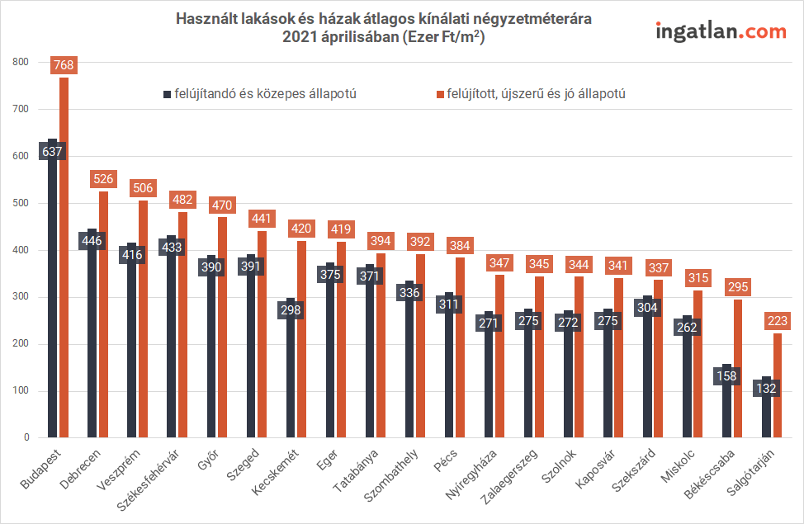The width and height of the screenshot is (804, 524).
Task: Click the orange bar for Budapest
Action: (x=64, y=264)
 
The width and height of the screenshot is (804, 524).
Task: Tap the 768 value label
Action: (x=64, y=64)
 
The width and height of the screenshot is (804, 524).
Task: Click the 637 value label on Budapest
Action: (x=53, y=152)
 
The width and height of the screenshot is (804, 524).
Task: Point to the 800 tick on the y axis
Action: (x=21, y=62)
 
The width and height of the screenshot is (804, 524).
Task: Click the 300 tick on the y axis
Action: (x=21, y=297)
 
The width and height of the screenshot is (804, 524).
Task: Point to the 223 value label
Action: (x=777, y=320)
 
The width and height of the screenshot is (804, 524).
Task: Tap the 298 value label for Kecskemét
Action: (x=291, y=310)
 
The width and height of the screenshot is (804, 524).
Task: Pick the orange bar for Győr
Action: (x=222, y=330)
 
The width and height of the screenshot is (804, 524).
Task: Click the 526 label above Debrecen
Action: (x=103, y=178)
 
